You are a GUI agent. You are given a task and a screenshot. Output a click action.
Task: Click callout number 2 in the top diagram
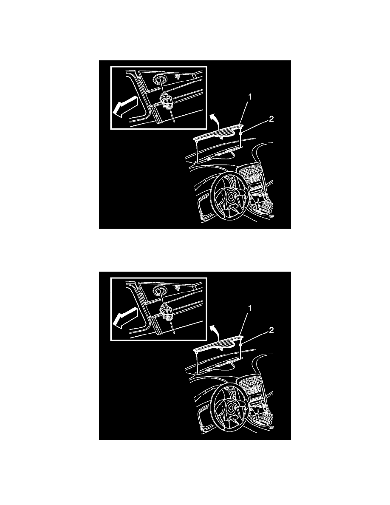(271, 119)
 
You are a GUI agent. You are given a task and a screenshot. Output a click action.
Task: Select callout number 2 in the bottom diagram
(271, 330)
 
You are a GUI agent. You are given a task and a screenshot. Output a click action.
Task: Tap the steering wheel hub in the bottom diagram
(230, 408)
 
